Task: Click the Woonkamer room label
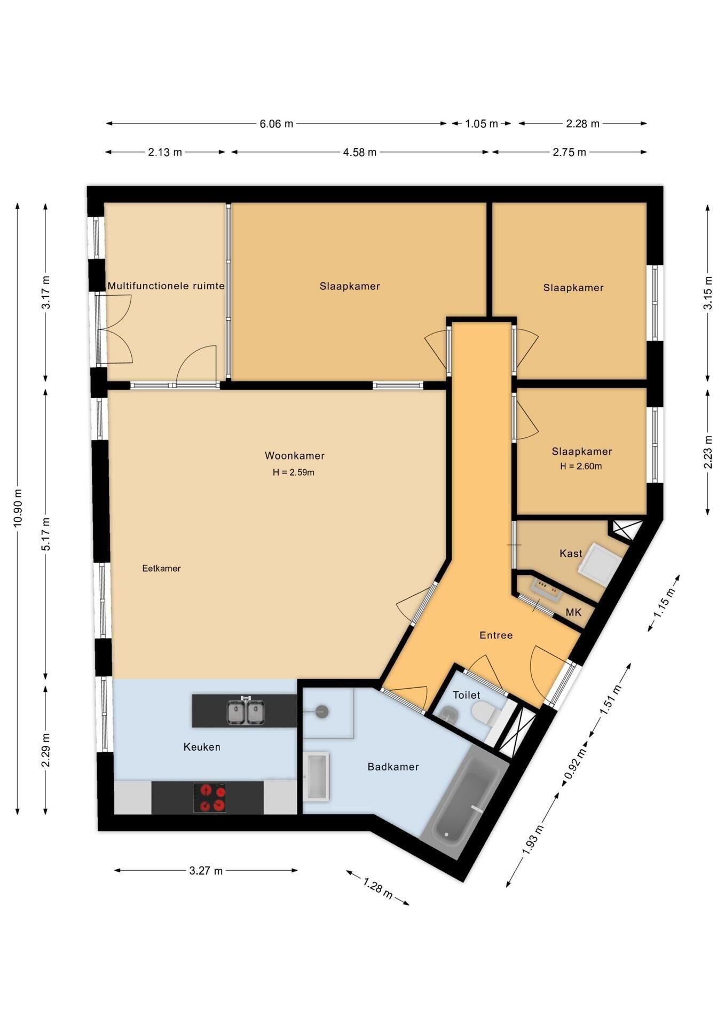(295, 456)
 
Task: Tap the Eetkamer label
(161, 569)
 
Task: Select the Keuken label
(202, 747)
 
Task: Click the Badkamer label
(393, 767)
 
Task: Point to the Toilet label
(467, 695)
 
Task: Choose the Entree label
(496, 635)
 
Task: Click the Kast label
(571, 554)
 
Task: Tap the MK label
(573, 612)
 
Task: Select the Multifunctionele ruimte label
(166, 286)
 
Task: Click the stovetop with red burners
(209, 798)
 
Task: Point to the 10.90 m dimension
(18, 508)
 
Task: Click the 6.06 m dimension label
(277, 124)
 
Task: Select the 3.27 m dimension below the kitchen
(206, 871)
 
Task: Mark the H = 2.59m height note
(294, 472)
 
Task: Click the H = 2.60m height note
(581, 466)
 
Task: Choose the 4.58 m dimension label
(360, 153)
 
